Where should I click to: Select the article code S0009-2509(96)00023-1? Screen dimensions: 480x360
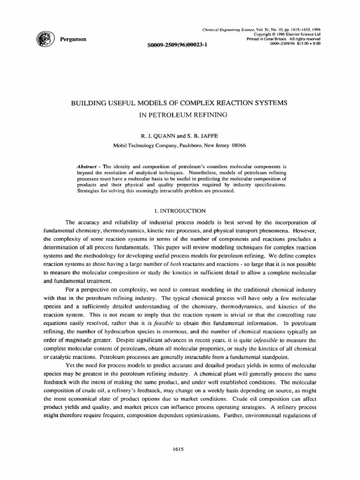[177, 45]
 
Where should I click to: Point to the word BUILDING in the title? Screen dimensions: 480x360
[91, 103]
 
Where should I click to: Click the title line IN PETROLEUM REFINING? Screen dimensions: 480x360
[180, 114]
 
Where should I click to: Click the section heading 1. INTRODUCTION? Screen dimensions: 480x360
[180, 211]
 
